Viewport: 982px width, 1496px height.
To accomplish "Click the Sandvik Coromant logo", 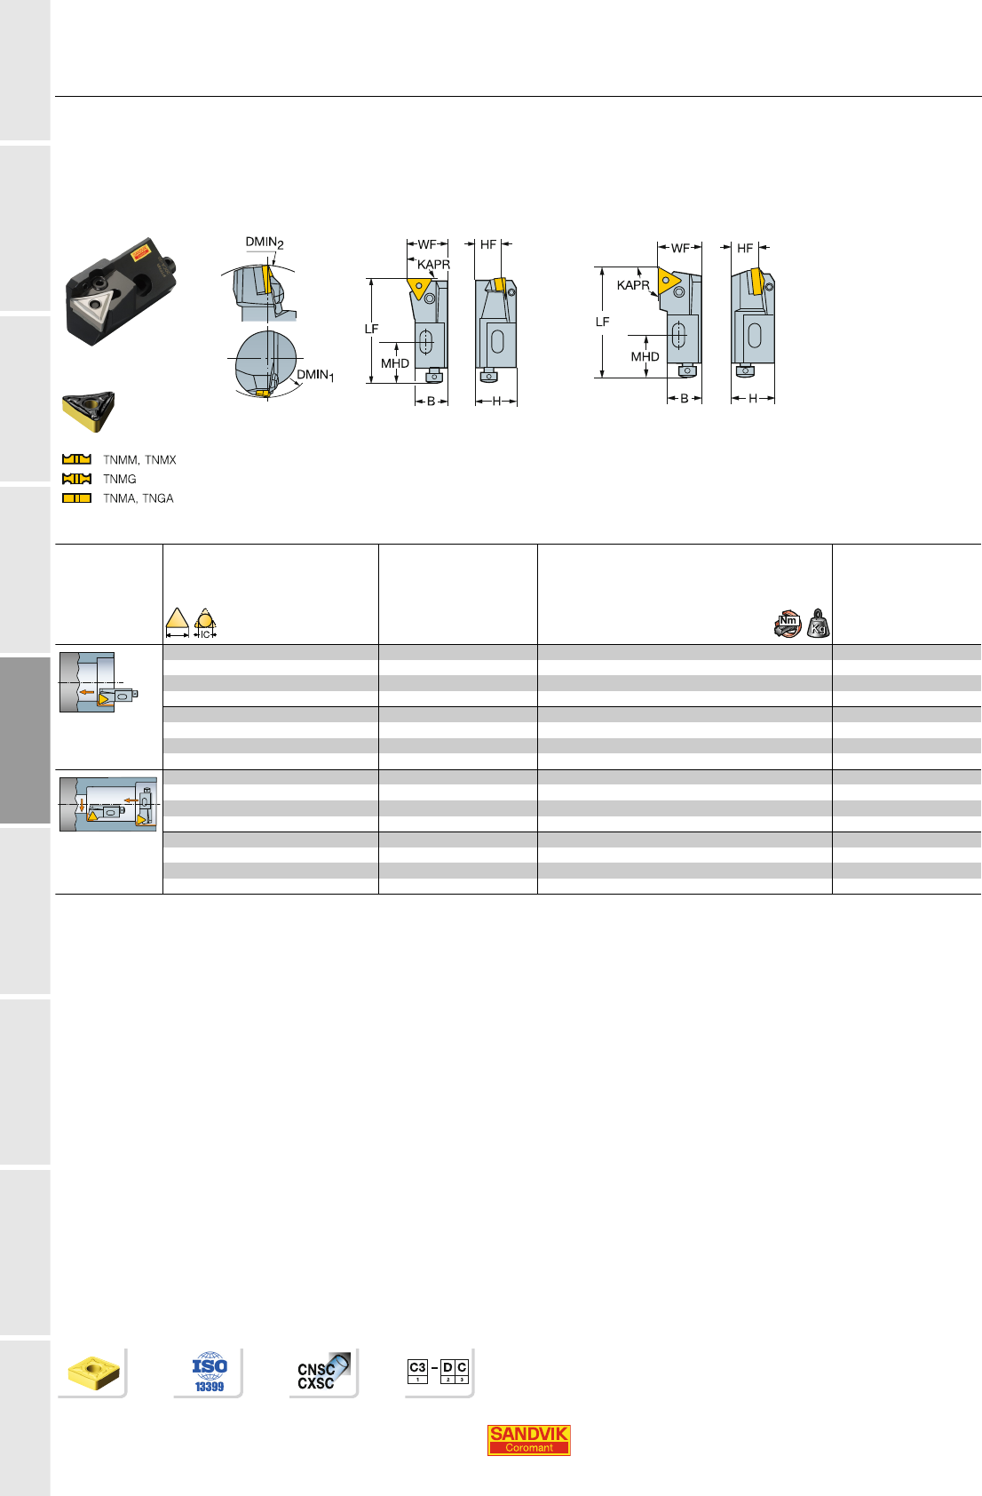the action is (x=528, y=1439).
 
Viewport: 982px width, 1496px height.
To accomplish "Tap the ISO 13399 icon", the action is (x=210, y=1372).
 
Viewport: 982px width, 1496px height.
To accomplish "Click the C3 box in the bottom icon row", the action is (x=417, y=1371).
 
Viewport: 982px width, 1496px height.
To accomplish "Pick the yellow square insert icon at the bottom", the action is (x=93, y=1373).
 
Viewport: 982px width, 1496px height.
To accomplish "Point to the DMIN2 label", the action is (x=265, y=243).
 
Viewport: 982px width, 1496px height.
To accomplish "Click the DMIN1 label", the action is (x=315, y=376).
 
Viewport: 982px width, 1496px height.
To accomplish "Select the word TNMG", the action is (x=120, y=479).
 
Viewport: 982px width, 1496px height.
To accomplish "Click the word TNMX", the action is (x=160, y=459).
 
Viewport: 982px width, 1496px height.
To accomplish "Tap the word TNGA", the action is (x=157, y=498).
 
